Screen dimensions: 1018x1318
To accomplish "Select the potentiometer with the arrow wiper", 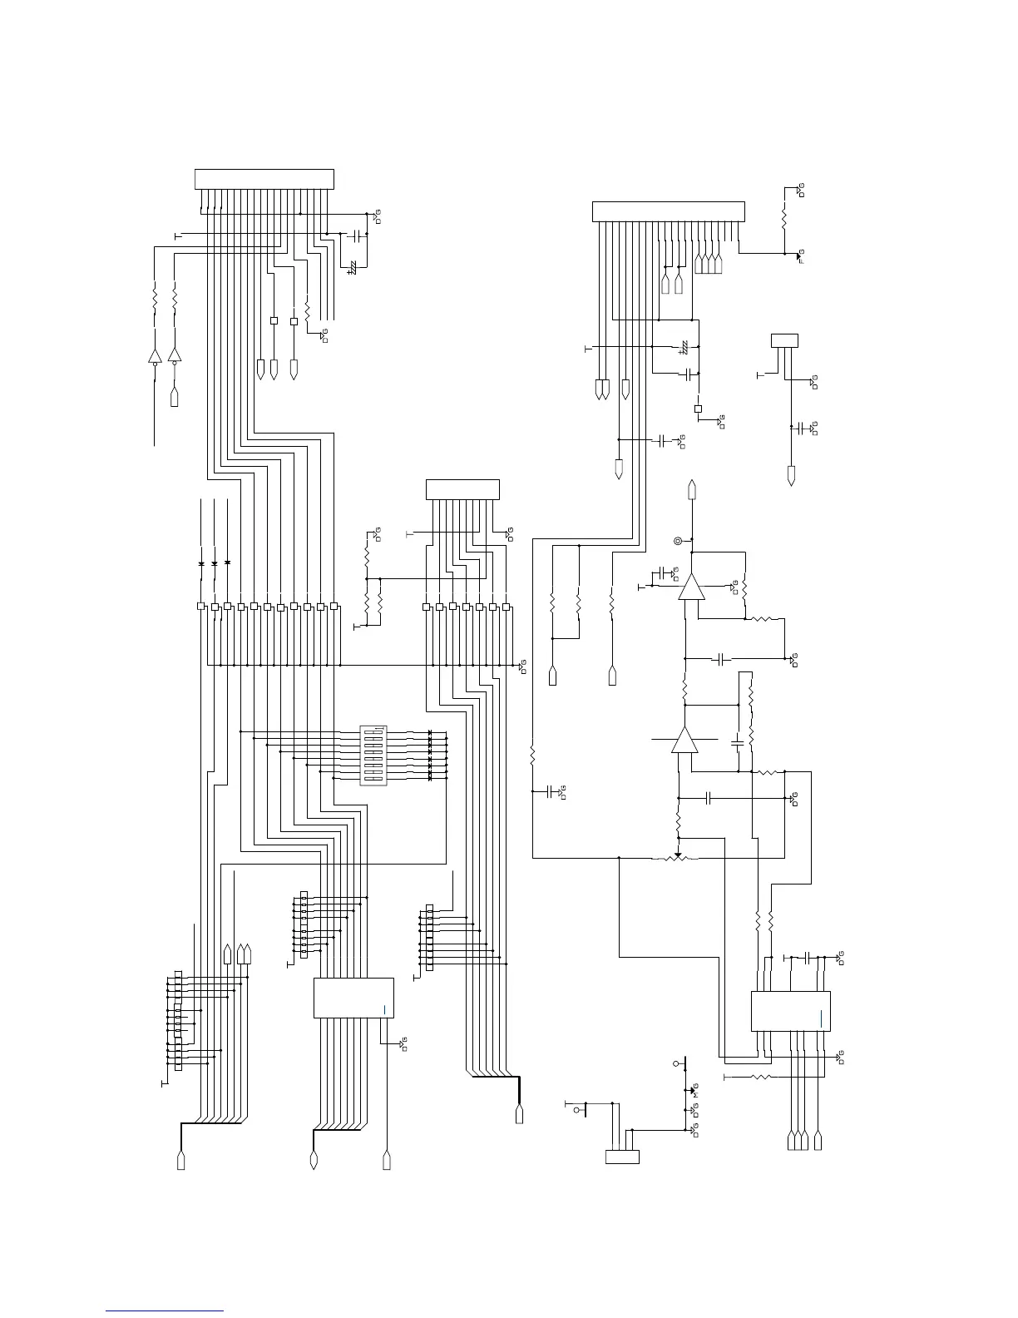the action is point(679,857).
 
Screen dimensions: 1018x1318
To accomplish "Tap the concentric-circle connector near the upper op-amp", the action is point(678,542).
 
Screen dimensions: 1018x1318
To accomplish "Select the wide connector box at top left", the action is point(264,179).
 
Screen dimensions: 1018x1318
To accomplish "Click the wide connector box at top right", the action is point(668,211).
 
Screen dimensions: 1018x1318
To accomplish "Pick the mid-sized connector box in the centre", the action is point(462,489).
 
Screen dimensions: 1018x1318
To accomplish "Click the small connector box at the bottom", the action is point(621,1157).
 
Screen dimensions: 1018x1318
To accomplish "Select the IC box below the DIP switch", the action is point(353,998).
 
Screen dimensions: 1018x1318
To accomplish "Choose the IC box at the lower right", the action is point(790,1011).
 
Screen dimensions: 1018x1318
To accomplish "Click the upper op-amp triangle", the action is point(690,588).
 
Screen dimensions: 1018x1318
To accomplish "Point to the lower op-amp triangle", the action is point(684,740).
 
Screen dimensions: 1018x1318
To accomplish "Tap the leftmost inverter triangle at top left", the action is point(155,356).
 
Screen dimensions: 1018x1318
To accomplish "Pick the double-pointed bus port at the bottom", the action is point(314,1159).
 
